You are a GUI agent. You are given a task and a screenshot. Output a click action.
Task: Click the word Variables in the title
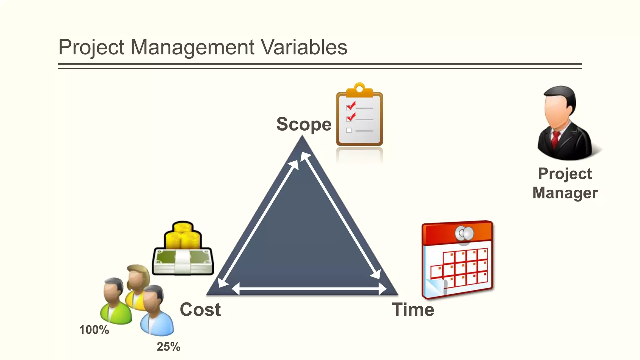pos(304,47)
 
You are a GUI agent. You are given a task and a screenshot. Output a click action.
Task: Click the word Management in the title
pos(192,47)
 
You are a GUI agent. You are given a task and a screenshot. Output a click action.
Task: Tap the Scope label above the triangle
pos(304,124)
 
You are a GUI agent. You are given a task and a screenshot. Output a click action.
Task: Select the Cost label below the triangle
pos(200,309)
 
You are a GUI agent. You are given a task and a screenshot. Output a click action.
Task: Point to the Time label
pos(413,309)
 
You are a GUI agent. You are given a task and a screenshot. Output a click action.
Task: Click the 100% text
pos(94,330)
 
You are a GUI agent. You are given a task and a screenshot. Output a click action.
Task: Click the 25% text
pos(168,347)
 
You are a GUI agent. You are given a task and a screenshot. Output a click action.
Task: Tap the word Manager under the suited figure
pos(565,193)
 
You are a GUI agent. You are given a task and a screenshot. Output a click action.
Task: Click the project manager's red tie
pos(555,139)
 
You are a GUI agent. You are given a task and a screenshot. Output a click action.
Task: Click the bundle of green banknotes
pos(182,261)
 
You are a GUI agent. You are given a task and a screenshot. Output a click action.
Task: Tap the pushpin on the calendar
pos(465,234)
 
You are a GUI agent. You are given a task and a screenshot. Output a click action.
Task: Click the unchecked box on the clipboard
pos(349,131)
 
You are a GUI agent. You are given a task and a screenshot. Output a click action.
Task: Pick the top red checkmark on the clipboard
pos(351,106)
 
